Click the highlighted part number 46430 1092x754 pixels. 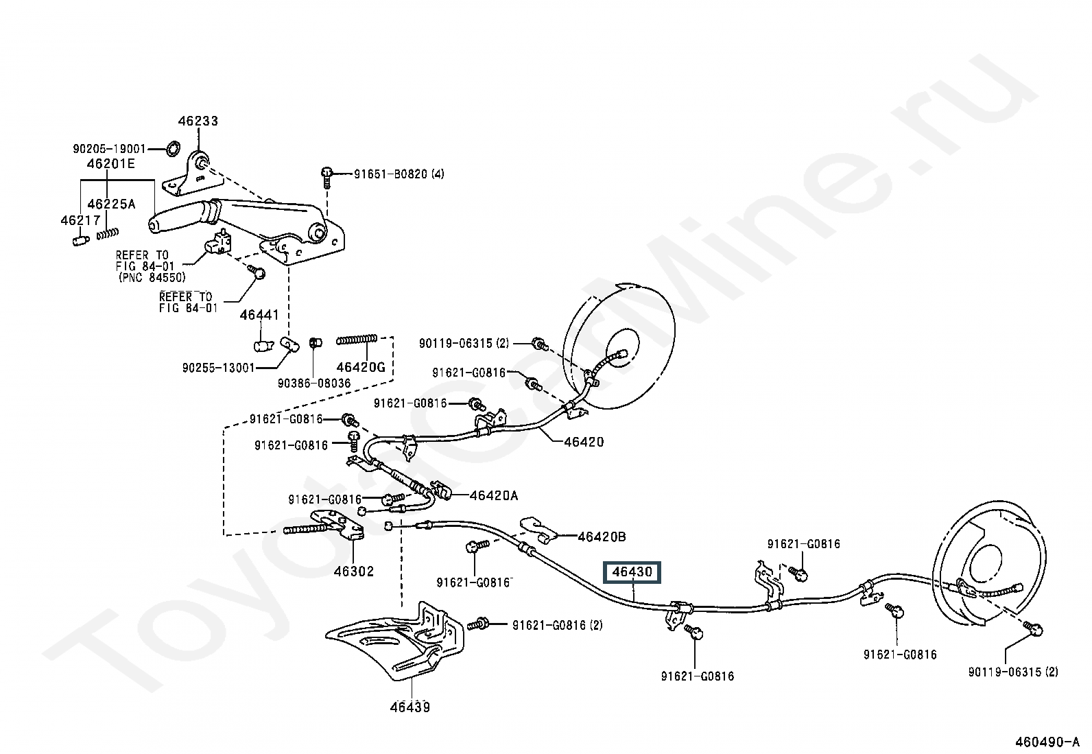[632, 572]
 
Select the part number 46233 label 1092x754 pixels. [198, 121]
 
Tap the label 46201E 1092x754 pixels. [110, 164]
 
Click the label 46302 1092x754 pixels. [354, 571]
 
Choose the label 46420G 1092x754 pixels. [361, 367]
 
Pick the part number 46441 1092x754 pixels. [259, 315]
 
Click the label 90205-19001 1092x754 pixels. [110, 148]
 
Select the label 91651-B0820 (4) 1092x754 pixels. [399, 174]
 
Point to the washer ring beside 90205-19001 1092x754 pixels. [174, 148]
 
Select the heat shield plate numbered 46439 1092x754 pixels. [398, 641]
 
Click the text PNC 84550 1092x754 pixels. [152, 277]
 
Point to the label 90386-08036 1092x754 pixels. [314, 383]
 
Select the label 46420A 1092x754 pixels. [494, 495]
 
